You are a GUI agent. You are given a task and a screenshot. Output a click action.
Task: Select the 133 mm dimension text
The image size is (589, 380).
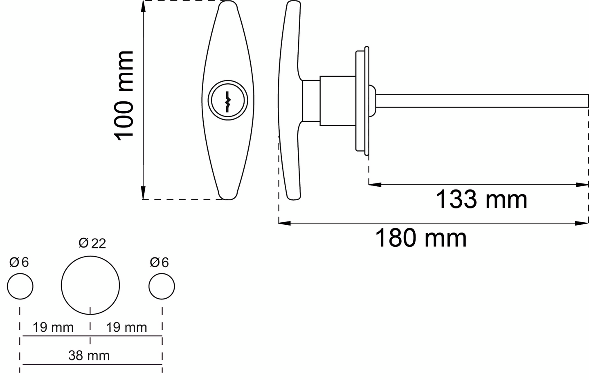481,200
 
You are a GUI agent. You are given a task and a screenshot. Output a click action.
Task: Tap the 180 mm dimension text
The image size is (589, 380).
421,238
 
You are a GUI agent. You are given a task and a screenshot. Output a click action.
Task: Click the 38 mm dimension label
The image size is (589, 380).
89,355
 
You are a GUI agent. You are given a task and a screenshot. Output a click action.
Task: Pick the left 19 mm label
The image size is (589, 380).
53,327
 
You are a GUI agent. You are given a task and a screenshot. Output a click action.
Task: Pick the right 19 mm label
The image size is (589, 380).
126,327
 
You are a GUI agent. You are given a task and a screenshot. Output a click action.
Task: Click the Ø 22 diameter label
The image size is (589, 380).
92,244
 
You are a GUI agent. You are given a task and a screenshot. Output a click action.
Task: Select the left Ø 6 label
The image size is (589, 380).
19,262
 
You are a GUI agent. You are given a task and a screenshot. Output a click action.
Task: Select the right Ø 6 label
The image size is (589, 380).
159,262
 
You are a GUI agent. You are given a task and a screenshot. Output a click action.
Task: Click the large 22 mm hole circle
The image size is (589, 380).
90,286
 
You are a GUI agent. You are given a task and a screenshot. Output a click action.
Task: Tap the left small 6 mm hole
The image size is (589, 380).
20,286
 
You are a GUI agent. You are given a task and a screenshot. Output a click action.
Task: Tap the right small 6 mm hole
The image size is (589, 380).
162,286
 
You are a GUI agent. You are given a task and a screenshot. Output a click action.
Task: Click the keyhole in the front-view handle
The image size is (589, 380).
227,100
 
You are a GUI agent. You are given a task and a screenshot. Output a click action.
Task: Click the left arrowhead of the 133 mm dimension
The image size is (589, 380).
374,185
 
